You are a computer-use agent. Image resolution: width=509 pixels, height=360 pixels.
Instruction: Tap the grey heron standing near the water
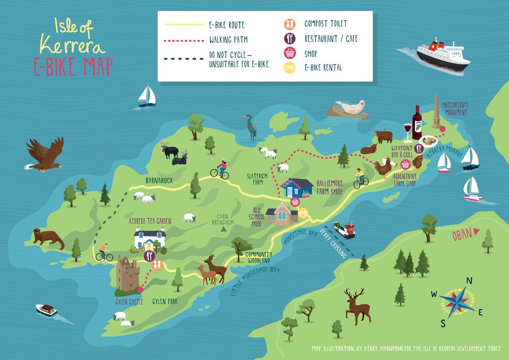pyautogui.click(x=251, y=127)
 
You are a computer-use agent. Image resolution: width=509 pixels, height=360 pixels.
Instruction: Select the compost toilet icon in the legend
pyautogui.click(x=289, y=25)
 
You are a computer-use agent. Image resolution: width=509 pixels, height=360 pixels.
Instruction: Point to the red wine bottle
pyautogui.click(x=417, y=123)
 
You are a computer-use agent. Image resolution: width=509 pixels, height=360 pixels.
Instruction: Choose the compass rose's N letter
pyautogui.click(x=469, y=280)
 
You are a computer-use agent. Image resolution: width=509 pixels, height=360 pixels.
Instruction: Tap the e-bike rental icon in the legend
pyautogui.click(x=289, y=67)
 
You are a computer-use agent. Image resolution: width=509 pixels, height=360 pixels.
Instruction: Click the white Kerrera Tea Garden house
pyautogui.click(x=149, y=239)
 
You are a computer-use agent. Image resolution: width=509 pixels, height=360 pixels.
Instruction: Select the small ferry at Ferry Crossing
pyautogui.click(x=344, y=231)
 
